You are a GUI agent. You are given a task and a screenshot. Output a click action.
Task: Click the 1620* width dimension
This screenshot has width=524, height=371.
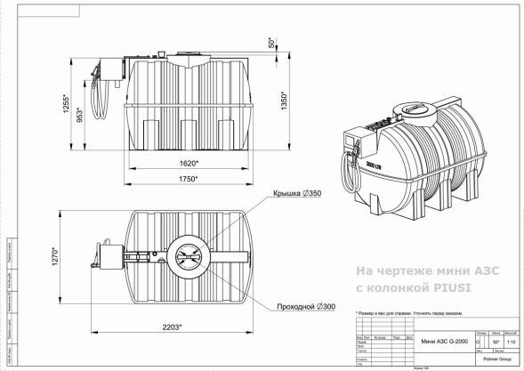point(187,165)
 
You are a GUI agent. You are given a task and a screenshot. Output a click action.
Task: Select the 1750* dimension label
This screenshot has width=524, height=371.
point(187,179)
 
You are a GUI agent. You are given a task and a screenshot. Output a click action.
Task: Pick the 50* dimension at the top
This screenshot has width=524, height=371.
point(272,43)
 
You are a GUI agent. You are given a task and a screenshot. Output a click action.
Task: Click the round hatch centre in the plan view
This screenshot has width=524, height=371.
point(188,259)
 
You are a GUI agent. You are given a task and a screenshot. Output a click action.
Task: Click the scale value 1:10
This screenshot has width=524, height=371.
point(510,342)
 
